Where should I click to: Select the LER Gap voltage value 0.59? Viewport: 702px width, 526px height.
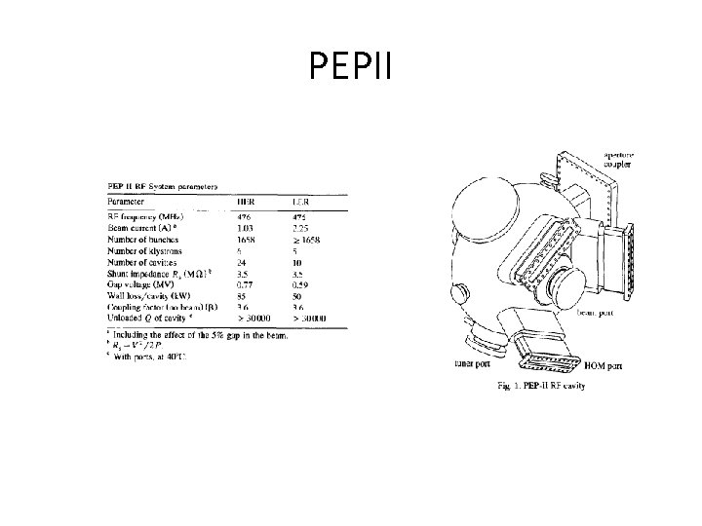[300, 283]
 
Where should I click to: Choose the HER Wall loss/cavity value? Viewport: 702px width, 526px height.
[246, 294]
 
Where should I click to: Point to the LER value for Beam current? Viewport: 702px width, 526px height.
[300, 226]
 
